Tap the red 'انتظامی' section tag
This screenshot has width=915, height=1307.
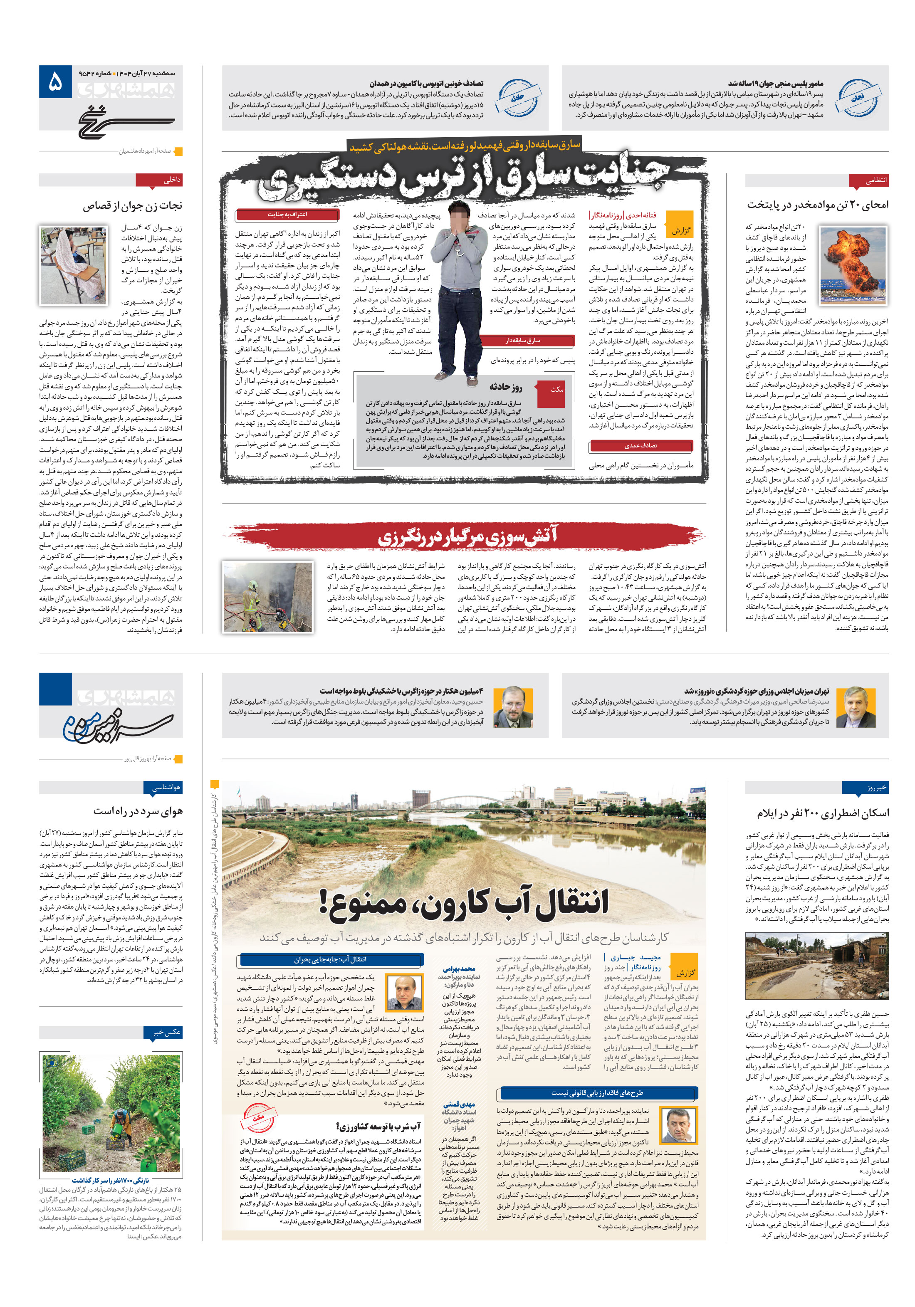[x=868, y=181]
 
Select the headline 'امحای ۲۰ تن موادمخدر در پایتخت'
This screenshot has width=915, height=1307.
[x=817, y=204]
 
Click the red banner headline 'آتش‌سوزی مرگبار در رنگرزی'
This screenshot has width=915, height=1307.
[x=467, y=536]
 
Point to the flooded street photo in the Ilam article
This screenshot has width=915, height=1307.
[x=816, y=966]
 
